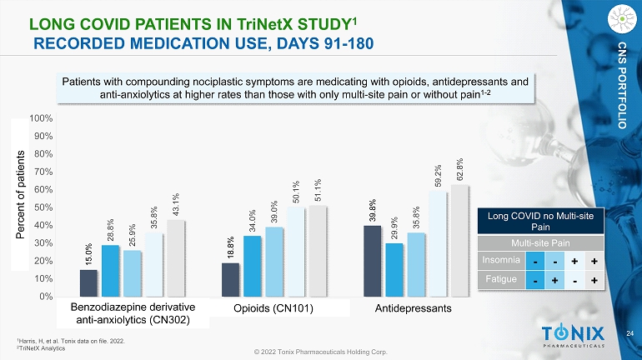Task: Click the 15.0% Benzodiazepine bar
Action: pyautogui.click(x=88, y=282)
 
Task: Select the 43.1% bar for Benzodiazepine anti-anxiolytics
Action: pyautogui.click(x=176, y=257)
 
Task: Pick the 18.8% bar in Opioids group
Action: pyautogui.click(x=231, y=279)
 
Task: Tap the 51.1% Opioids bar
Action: pyautogui.click(x=318, y=251)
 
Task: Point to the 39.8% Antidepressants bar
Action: pyautogui.click(x=373, y=261)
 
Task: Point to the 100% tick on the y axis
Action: pyautogui.click(x=41, y=118)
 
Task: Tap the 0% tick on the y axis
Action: pyautogui.click(x=47, y=296)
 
